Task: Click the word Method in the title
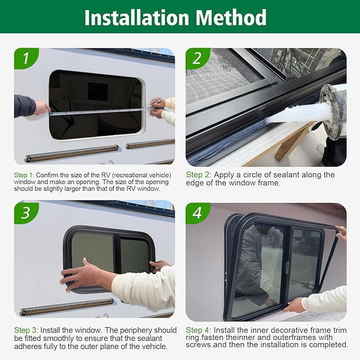(x=231, y=17)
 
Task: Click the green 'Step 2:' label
(x=198, y=174)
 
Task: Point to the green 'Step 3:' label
(x=24, y=330)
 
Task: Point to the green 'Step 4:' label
(x=198, y=330)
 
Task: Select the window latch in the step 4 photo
(x=286, y=267)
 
